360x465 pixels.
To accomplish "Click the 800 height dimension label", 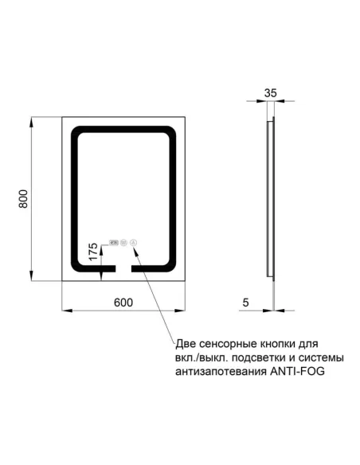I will (24, 199).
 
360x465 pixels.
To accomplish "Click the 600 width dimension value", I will (123, 303).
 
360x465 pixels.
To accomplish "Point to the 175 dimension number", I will (92, 253).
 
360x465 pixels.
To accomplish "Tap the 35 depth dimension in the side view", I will (270, 93).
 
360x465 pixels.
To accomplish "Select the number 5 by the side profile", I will (247, 303).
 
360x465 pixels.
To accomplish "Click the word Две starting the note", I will (184, 344).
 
